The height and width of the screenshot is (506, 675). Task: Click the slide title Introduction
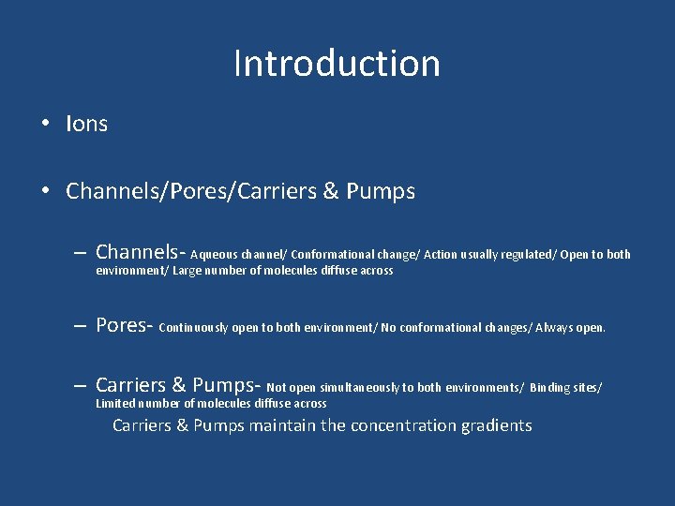coord(337,64)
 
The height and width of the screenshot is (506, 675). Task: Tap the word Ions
coord(86,124)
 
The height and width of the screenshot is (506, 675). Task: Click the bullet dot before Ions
coord(44,124)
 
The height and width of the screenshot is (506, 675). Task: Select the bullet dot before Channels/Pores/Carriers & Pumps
coord(44,192)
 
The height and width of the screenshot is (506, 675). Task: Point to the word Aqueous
coord(214,254)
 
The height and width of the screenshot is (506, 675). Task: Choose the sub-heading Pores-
coord(125,325)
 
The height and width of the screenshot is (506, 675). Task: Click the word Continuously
coord(194,328)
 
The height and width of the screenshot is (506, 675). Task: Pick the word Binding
coord(551,387)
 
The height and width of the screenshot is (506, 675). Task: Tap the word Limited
coord(117,404)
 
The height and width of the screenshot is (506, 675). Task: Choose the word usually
coord(481,255)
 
